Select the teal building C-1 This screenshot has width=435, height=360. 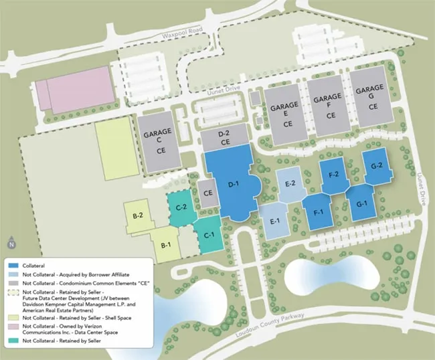(x=208, y=235)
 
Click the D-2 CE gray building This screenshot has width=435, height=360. (x=226, y=139)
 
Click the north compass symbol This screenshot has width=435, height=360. (x=11, y=244)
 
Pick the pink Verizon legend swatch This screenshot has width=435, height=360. (x=13, y=326)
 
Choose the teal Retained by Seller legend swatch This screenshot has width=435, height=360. (x=13, y=341)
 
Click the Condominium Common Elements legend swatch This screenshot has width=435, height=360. (x=13, y=283)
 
